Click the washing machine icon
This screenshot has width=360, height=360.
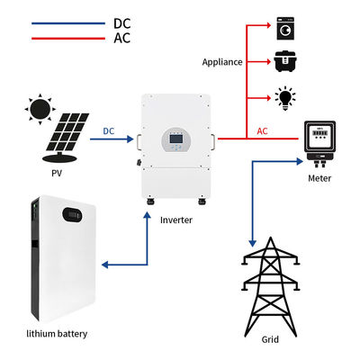coord(285,29)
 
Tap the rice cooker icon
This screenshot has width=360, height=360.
coord(285,61)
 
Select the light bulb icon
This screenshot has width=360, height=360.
coord(285,98)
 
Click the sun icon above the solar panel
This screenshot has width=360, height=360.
coord(40,109)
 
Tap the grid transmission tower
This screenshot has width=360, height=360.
coord(271,286)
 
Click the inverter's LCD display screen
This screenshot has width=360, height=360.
coord(176,139)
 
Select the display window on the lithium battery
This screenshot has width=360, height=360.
coord(72,215)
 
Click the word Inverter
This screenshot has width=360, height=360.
coord(176,220)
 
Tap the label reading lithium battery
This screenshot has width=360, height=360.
coord(57,334)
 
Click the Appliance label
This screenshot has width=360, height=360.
coord(222,62)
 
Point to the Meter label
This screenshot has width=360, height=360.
coord(319,178)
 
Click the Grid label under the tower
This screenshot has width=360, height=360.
coord(270,339)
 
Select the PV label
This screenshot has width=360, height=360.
coord(57,173)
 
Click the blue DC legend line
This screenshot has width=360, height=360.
coord(68,23)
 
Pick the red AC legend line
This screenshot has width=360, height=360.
coord(68,39)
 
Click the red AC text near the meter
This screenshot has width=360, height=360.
coord(262,131)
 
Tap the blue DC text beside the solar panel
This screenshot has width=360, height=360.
coord(109,131)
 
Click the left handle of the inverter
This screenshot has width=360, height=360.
coord(139,142)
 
